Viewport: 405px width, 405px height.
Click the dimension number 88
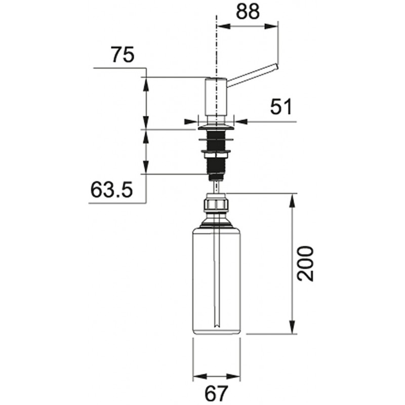248,12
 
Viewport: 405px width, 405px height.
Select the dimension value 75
123,55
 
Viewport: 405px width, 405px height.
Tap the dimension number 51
281,106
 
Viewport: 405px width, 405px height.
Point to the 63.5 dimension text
111,190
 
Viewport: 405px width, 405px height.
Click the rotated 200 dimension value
305,263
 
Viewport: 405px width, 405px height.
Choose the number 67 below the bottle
216,394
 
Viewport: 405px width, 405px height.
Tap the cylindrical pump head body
216,96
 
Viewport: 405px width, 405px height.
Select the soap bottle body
217,281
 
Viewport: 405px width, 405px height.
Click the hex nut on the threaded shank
217,155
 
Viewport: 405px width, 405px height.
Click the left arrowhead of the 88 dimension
223,26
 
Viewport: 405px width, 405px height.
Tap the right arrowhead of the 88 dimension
272,26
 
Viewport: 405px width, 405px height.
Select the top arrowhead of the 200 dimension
292,200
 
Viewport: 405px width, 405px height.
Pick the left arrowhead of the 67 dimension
199,376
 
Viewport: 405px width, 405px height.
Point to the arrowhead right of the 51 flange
241,121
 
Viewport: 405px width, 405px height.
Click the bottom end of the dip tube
217,327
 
